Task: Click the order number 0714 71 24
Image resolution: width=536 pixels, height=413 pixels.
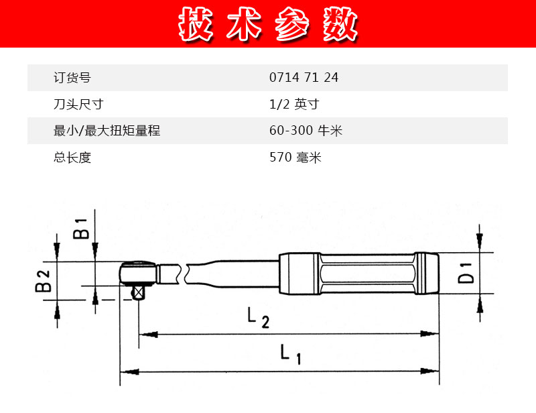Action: click(x=304, y=77)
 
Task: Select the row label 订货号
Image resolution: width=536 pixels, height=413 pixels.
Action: click(x=72, y=78)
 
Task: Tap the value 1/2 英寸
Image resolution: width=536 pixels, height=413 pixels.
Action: click(x=294, y=104)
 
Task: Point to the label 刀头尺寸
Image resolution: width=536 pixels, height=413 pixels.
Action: click(x=78, y=104)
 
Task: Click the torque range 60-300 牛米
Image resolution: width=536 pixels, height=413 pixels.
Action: click(x=306, y=130)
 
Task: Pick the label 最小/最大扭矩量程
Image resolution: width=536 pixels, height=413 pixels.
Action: click(x=107, y=131)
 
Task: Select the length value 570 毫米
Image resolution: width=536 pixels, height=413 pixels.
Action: click(x=295, y=158)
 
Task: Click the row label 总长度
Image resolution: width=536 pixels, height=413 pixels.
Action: click(x=72, y=158)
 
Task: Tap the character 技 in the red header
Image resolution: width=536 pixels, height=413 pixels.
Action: click(x=196, y=23)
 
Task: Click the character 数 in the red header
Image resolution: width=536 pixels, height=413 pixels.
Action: click(x=340, y=23)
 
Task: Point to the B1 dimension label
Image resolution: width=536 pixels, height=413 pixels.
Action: click(x=81, y=228)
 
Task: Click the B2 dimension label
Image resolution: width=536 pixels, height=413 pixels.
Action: click(x=43, y=281)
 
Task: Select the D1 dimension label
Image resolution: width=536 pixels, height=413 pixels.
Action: click(x=466, y=273)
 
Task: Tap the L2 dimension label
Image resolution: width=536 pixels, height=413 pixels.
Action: click(x=258, y=318)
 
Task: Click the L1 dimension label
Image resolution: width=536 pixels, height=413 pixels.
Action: click(x=291, y=354)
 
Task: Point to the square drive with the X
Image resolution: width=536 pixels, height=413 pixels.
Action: click(x=138, y=293)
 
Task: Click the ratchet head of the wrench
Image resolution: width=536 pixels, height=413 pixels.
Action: click(x=138, y=273)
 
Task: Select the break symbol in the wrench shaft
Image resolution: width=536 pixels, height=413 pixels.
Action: click(x=182, y=274)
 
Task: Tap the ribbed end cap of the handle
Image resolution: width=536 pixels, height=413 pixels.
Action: click(x=427, y=273)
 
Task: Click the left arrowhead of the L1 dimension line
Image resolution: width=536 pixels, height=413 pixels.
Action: click(x=130, y=371)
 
